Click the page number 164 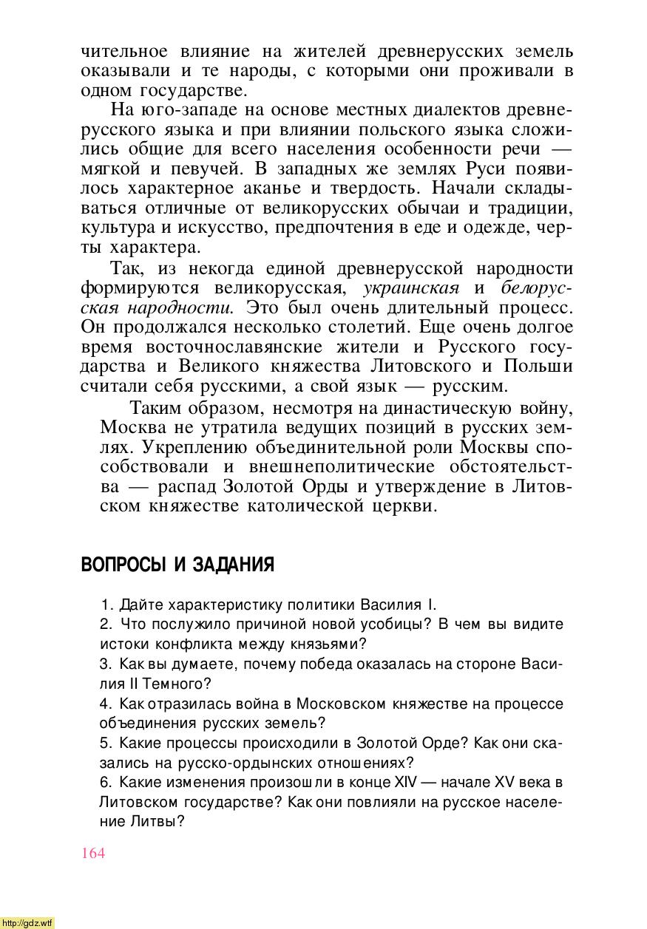pyautogui.click(x=93, y=853)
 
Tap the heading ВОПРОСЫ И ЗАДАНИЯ pyautogui.click(x=177, y=565)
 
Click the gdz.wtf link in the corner pyautogui.click(x=27, y=922)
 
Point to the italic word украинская pyautogui.click(x=412, y=287)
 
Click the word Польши pyautogui.click(x=538, y=365)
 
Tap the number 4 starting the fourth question pyautogui.click(x=104, y=704)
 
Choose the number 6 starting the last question pyautogui.click(x=104, y=782)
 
